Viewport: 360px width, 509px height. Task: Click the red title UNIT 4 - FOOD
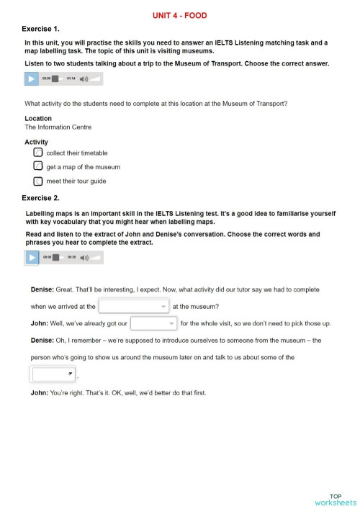pos(180,15)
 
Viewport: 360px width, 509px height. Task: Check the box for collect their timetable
pos(38,153)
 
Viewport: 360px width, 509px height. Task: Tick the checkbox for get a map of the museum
pos(38,166)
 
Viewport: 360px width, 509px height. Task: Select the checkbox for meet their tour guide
pos(38,181)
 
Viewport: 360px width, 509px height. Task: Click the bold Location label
pos(38,118)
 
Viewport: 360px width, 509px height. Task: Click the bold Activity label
pos(37,142)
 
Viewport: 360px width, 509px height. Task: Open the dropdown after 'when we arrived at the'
pos(133,306)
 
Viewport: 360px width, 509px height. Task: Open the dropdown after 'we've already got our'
pos(153,323)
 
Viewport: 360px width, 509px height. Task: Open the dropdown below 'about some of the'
pos(53,374)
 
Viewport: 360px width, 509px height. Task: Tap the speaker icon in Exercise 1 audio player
pos(84,78)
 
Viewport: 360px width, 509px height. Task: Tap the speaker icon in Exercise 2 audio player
pos(84,257)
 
